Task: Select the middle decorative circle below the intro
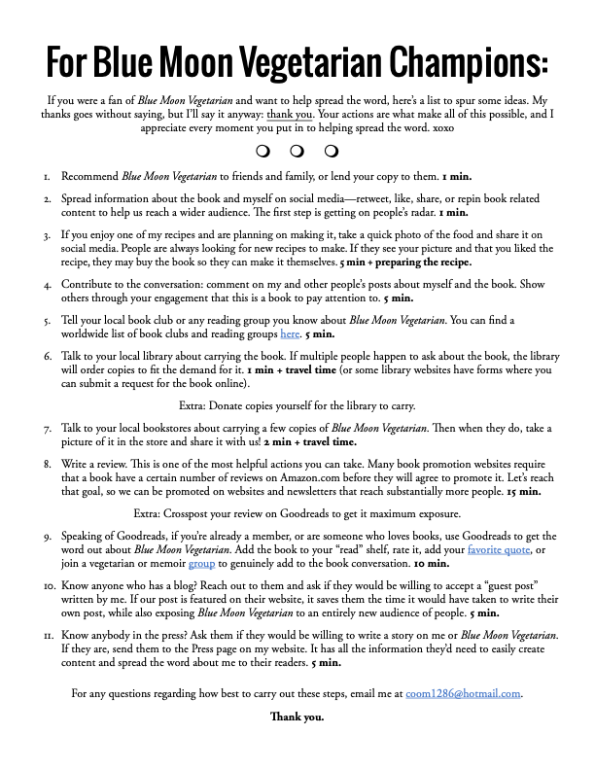(x=297, y=151)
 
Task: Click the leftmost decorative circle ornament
(x=262, y=151)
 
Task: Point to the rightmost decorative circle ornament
(x=332, y=151)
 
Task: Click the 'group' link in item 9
(x=201, y=563)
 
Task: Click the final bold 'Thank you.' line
(x=297, y=717)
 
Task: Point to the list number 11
(x=47, y=635)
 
